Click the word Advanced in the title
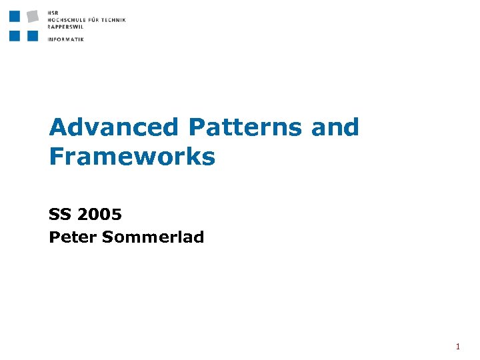114,127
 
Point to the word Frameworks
132,157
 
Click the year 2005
100,215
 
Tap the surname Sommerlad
153,237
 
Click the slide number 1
458,347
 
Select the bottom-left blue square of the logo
15,35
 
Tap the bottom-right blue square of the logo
33,35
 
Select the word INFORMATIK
66,39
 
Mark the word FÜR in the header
93,20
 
